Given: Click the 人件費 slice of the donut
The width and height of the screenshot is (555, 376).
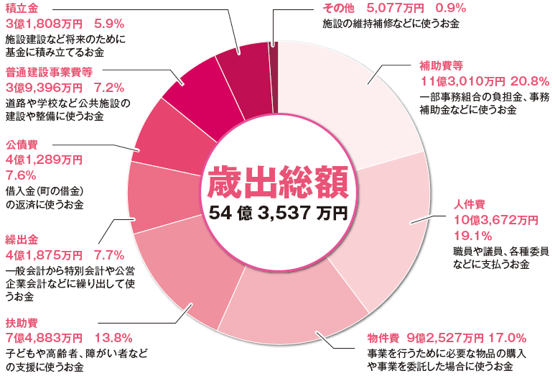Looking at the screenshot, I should click(388, 216).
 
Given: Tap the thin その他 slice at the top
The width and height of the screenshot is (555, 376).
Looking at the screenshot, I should click(273, 58).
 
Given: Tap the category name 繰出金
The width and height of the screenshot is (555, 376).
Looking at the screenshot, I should click(21, 239).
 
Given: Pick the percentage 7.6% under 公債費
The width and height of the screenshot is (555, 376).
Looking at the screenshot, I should click(21, 175).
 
